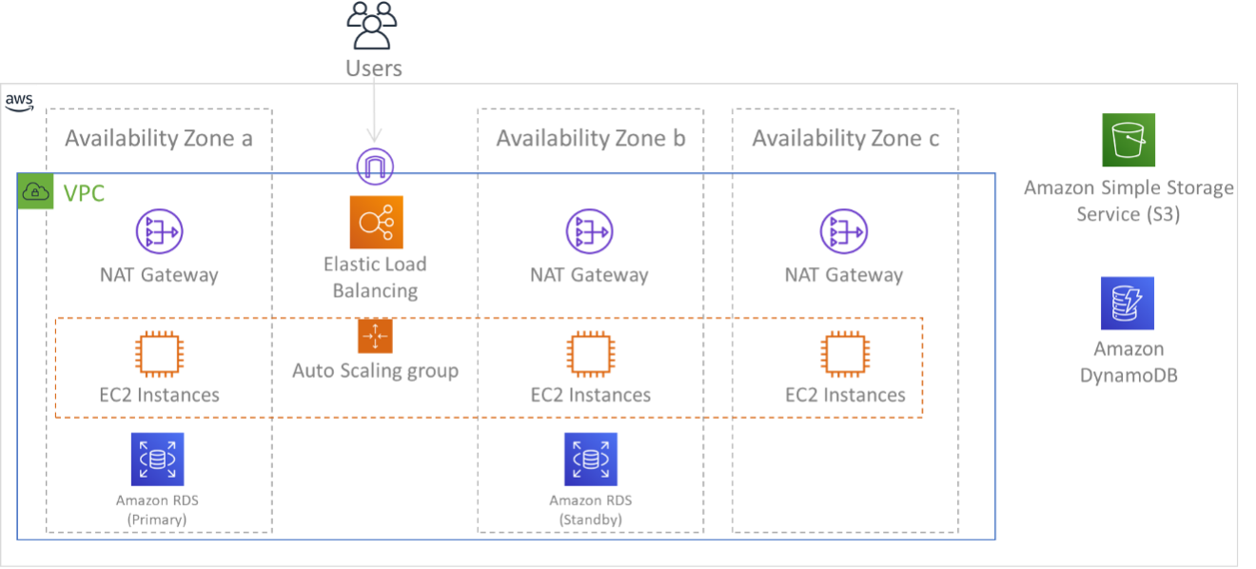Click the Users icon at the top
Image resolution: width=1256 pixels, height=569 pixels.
pyautogui.click(x=373, y=26)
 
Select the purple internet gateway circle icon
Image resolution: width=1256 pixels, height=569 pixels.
pyautogui.click(x=375, y=167)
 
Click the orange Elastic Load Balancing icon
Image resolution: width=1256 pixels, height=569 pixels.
pyautogui.click(x=376, y=223)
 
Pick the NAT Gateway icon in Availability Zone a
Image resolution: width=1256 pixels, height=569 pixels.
pyautogui.click(x=159, y=232)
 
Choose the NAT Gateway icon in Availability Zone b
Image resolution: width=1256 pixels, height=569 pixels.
pyautogui.click(x=590, y=232)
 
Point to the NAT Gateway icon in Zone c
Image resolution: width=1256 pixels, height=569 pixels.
pyautogui.click(x=844, y=232)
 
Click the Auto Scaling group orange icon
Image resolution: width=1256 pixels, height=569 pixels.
pyautogui.click(x=375, y=336)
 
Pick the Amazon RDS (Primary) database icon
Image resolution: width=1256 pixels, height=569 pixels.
pyautogui.click(x=157, y=460)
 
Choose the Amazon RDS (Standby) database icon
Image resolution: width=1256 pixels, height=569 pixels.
pyautogui.click(x=590, y=460)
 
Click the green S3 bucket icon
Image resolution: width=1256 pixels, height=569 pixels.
pyautogui.click(x=1128, y=141)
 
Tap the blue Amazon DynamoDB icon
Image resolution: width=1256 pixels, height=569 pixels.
pyautogui.click(x=1128, y=304)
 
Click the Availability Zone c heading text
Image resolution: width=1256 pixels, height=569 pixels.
pyautogui.click(x=845, y=139)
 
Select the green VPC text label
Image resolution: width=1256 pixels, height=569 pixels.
pyautogui.click(x=83, y=194)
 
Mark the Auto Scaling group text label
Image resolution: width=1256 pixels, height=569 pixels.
pyautogui.click(x=375, y=370)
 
